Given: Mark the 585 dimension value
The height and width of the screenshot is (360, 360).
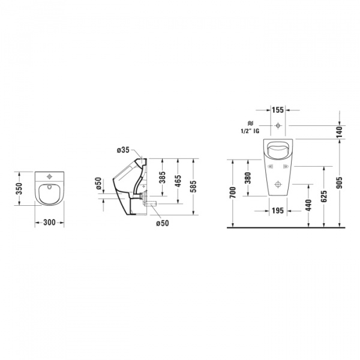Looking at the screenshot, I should tap(194, 187).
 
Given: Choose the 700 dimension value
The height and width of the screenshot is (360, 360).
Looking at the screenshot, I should tap(232, 193).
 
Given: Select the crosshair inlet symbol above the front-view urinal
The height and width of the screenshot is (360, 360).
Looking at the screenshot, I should tap(278, 126).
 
